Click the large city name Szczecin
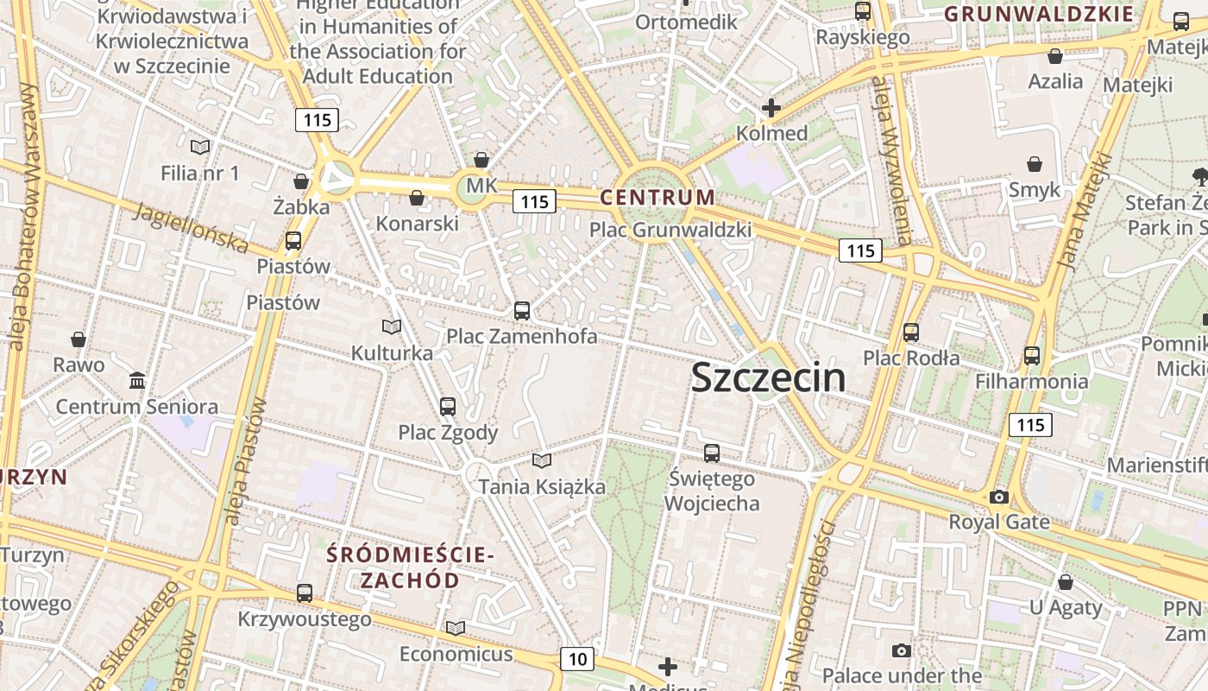[768, 378]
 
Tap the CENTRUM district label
[657, 197]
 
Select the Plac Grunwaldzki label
[670, 230]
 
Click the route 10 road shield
[577, 659]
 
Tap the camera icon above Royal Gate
[999, 497]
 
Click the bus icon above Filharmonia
[1032, 355]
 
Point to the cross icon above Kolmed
[771, 108]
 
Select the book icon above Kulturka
[392, 326]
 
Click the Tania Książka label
[543, 486]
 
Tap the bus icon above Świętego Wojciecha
[712, 453]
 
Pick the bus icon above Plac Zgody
[448, 406]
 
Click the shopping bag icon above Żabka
[301, 181]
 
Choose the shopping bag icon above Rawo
[79, 339]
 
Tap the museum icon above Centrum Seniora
[136, 380]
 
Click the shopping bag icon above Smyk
[1035, 164]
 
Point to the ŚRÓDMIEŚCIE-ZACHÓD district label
[410, 567]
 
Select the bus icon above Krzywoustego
[305, 593]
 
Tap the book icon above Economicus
[456, 628]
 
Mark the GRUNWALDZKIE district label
[1039, 14]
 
